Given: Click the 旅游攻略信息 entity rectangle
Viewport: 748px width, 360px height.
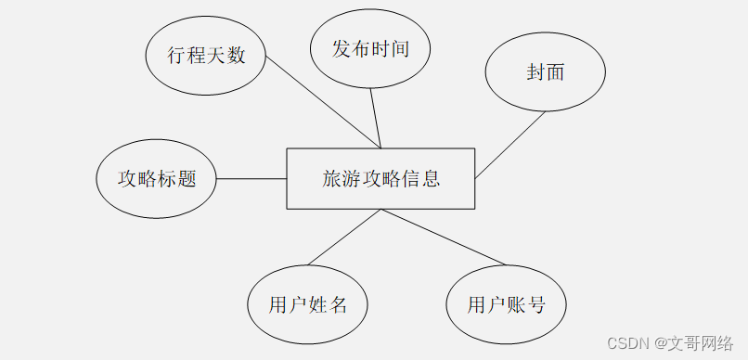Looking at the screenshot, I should pos(380,179).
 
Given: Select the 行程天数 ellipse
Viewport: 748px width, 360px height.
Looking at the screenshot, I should pos(206,55).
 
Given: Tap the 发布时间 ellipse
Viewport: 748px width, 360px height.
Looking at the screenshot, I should pos(370,49).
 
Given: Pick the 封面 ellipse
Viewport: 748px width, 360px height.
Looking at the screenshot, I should pos(546,73).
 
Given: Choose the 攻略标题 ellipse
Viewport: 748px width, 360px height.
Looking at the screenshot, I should pos(157,179).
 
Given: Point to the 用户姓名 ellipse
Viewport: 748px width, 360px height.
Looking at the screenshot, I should pos(308,304).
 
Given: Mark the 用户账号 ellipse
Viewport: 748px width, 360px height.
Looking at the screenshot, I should pos(506,304).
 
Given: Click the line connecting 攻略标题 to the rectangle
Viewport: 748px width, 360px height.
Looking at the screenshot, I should pos(251,179).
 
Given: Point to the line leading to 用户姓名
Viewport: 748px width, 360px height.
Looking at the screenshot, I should pos(343,238).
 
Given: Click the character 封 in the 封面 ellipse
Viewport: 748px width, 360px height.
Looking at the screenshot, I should pos(535,73).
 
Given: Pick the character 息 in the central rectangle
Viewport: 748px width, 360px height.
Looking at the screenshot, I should pos(430,179).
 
